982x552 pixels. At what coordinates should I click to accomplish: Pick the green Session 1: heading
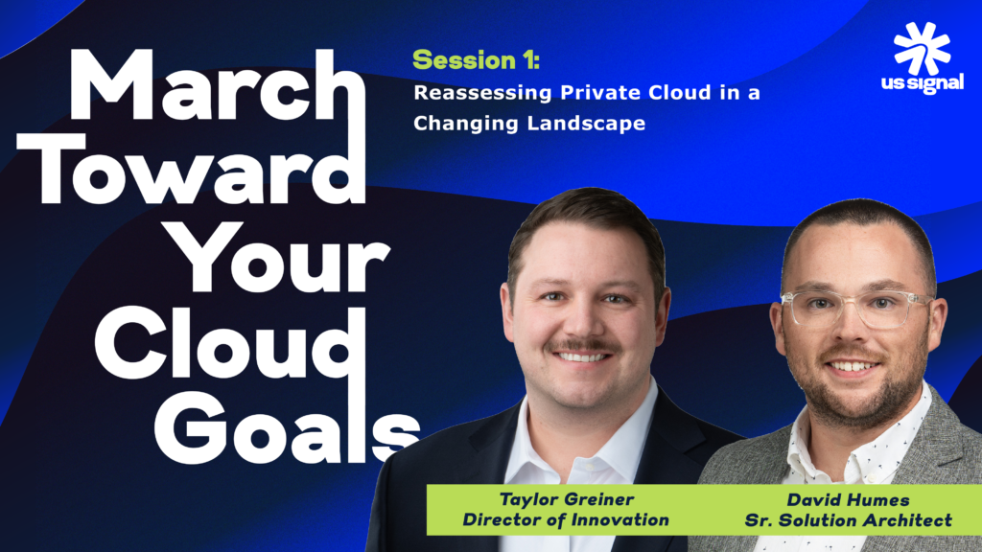pyautogui.click(x=476, y=61)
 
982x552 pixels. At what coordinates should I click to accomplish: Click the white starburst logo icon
pyautogui.click(x=922, y=48)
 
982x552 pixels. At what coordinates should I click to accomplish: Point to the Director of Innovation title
pyautogui.click(x=565, y=520)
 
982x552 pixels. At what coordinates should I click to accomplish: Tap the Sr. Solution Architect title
pyautogui.click(x=849, y=520)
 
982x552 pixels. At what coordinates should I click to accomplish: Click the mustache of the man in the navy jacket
pyautogui.click(x=583, y=344)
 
